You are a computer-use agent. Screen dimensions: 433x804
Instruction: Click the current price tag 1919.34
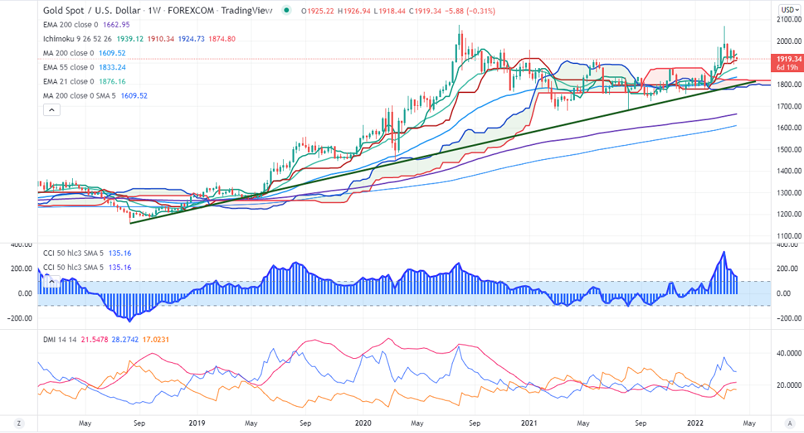pyautogui.click(x=787, y=59)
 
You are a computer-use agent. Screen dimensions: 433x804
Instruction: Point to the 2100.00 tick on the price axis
pyautogui.click(x=787, y=20)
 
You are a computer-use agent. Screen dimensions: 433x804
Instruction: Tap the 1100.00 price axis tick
pyautogui.click(x=787, y=235)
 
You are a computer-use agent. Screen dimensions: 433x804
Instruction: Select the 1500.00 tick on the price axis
pyautogui.click(x=787, y=149)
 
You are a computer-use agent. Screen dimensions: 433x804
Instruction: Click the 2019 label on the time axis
pyautogui.click(x=197, y=423)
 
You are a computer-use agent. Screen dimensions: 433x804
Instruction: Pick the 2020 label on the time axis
pyautogui.click(x=363, y=423)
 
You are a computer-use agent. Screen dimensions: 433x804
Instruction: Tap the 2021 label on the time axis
pyautogui.click(x=530, y=423)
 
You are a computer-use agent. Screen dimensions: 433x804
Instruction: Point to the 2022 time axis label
pyautogui.click(x=696, y=423)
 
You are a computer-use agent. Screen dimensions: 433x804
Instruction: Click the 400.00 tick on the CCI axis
pyautogui.click(x=786, y=244)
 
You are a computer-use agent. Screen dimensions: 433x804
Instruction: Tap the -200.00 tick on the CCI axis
pyautogui.click(x=786, y=318)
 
